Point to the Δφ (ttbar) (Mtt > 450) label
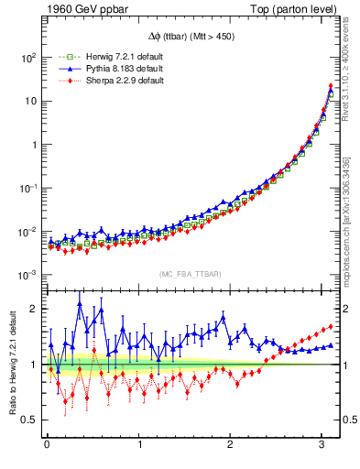190,38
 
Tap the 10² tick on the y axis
27,57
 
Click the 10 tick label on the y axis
29,101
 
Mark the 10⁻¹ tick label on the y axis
27,188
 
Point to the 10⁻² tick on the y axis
27,232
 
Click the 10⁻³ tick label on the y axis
27,276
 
